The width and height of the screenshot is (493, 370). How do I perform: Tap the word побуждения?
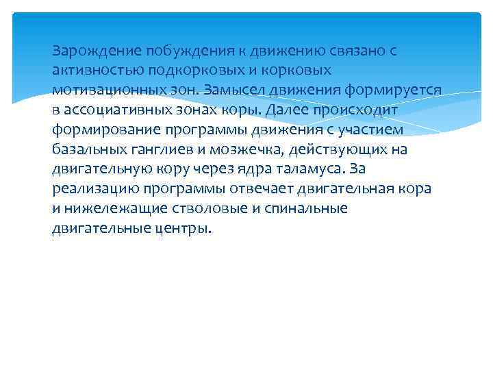point(183,51)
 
